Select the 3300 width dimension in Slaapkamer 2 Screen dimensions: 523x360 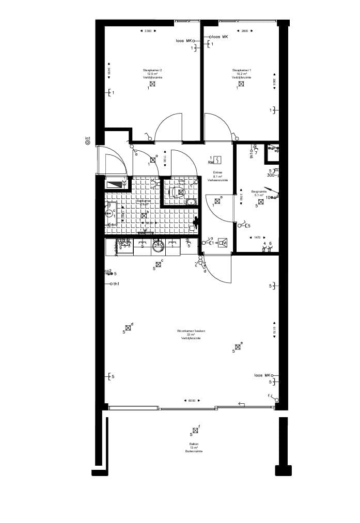coord(148,31)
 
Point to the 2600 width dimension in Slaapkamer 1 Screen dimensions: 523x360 coord(245,31)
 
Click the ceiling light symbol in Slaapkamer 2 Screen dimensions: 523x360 coord(153,84)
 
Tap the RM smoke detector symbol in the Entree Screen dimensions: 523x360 coord(218,161)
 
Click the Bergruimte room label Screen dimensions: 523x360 coord(259,192)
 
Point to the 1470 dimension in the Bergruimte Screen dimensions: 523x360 coord(257,237)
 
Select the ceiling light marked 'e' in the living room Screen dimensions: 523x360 coord(238,347)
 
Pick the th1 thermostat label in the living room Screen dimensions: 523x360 coord(116,284)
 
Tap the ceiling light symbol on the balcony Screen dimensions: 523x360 coord(195,430)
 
